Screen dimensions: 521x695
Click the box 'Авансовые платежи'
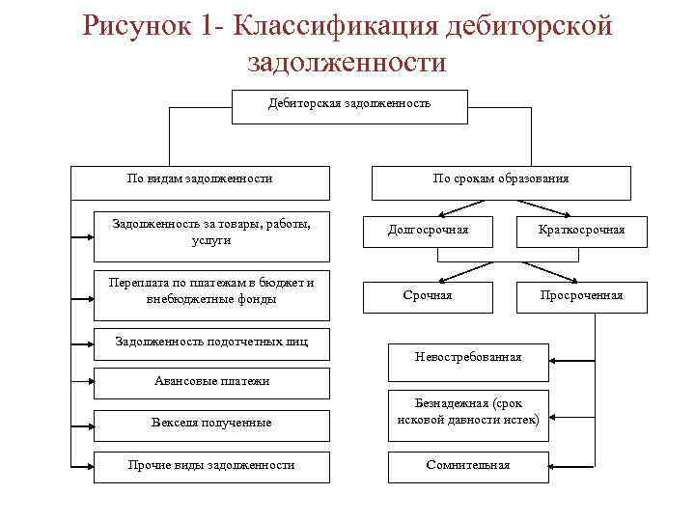[x=211, y=382]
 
